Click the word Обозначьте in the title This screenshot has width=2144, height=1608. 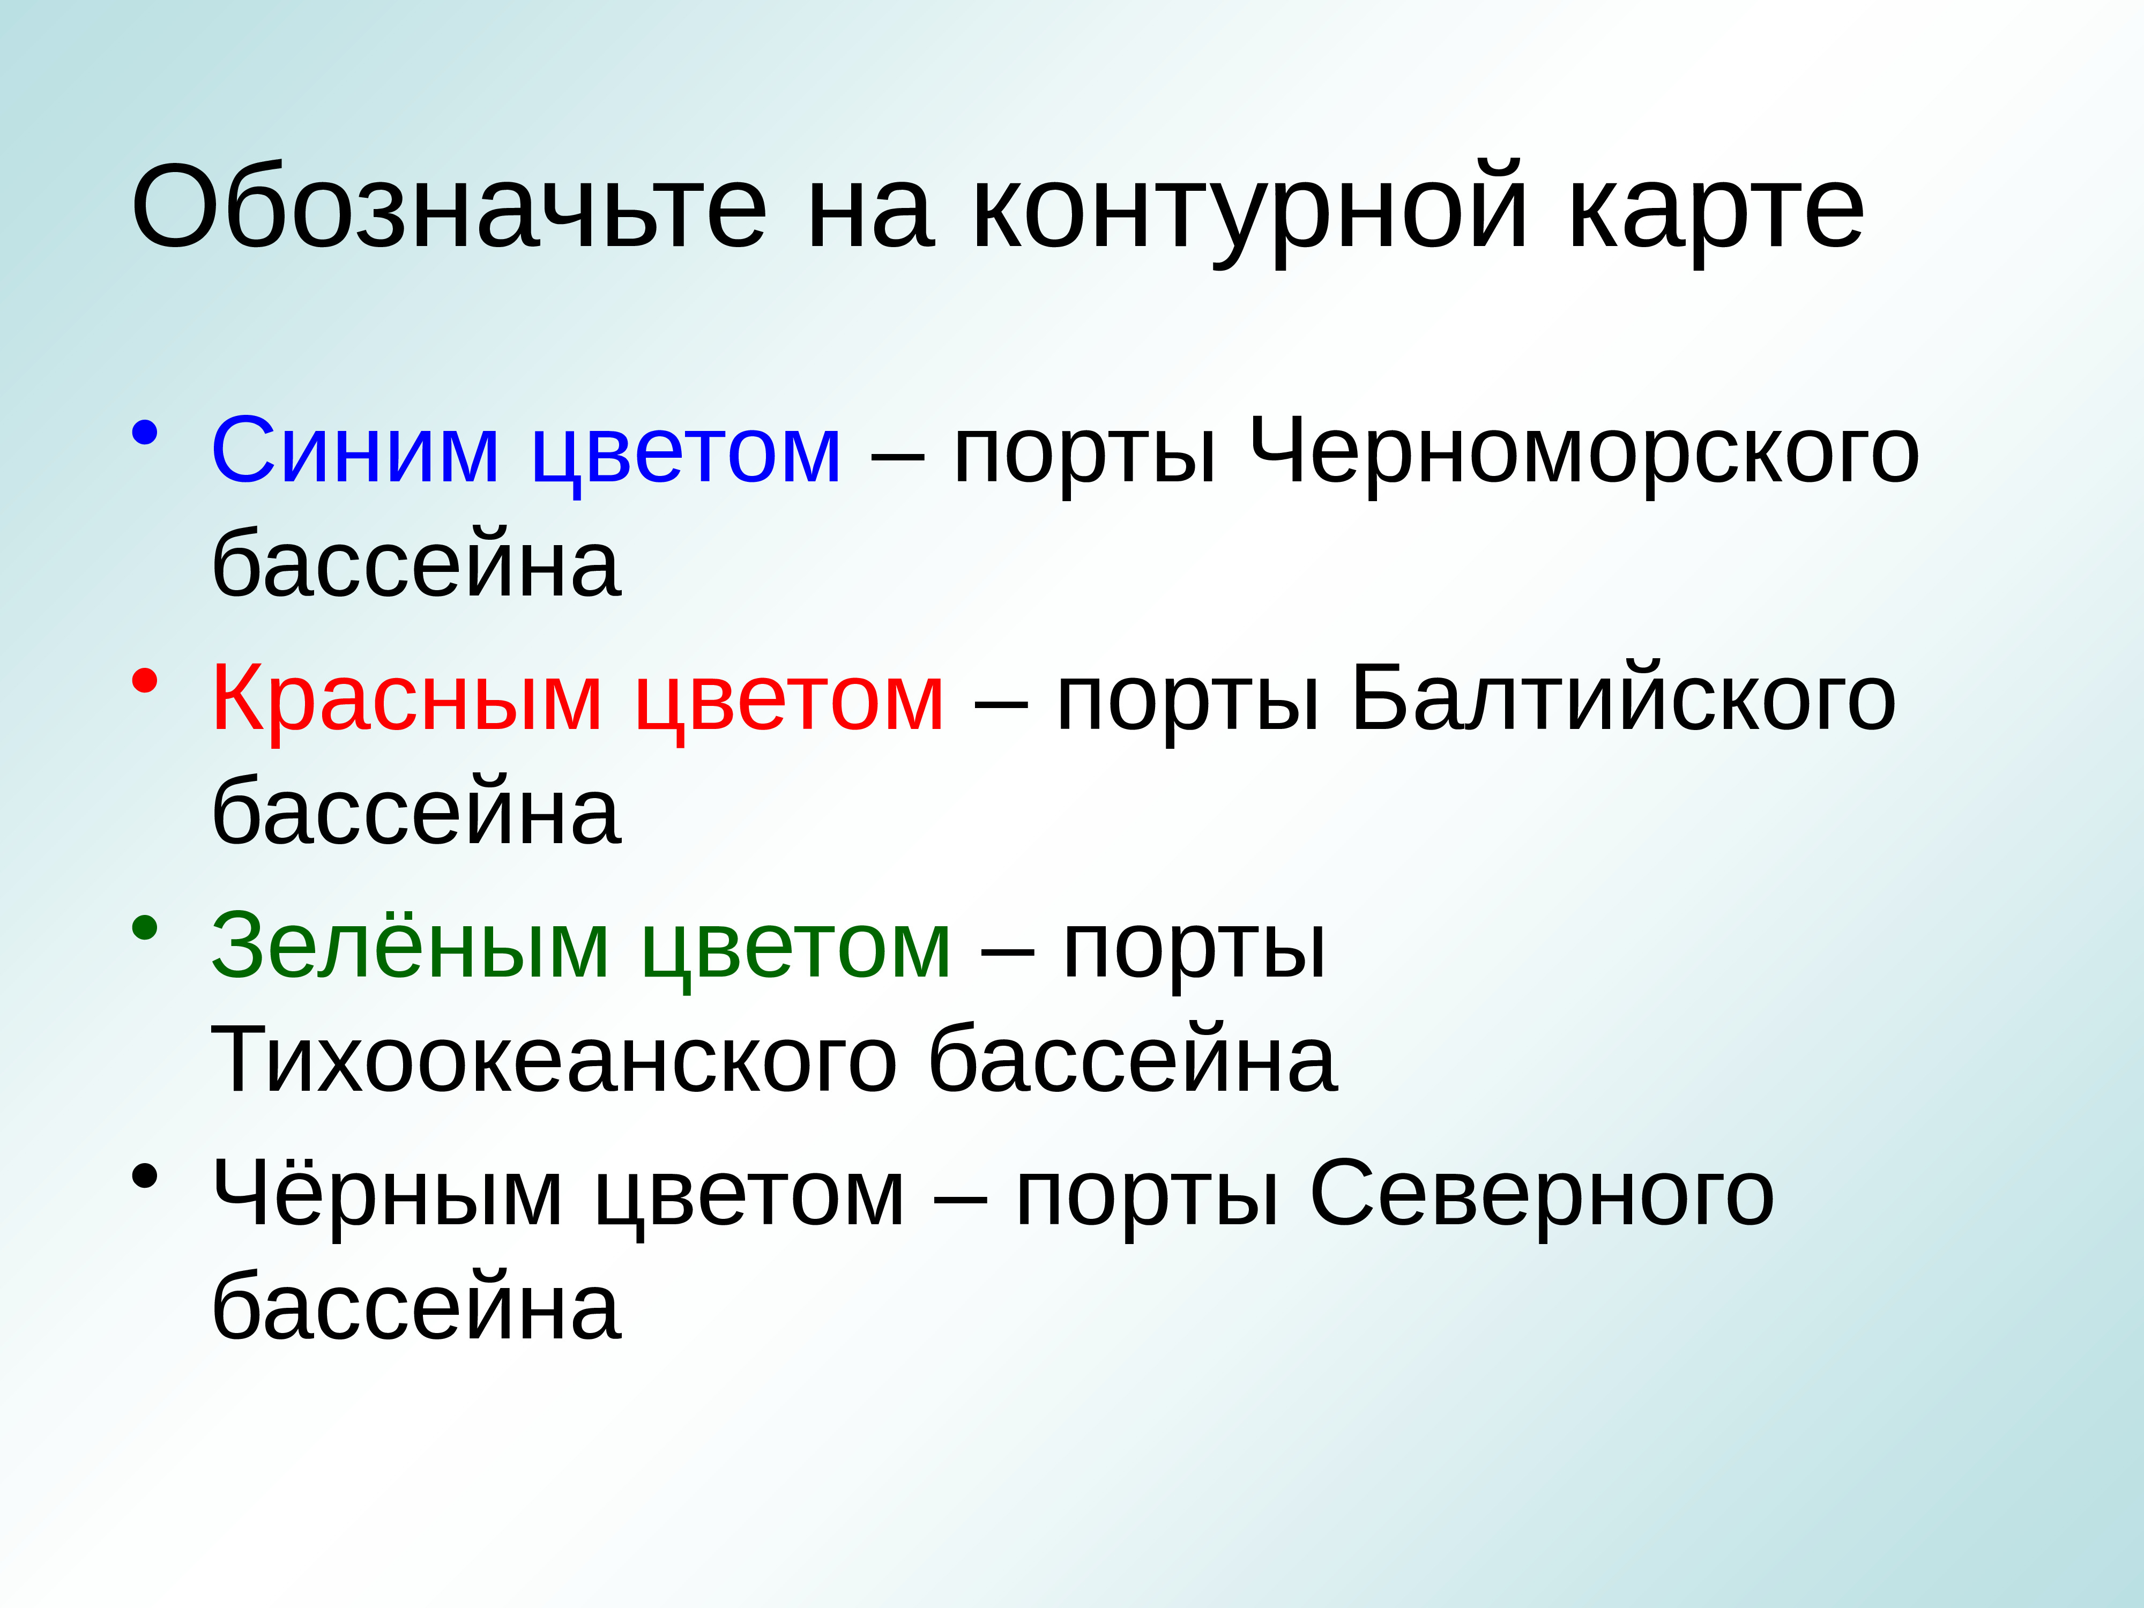pyautogui.click(x=449, y=206)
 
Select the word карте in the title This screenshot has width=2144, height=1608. pyautogui.click(x=1716, y=206)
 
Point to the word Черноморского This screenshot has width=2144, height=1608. pyautogui.click(x=1585, y=452)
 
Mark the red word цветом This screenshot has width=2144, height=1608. pyautogui.click(x=789, y=701)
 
